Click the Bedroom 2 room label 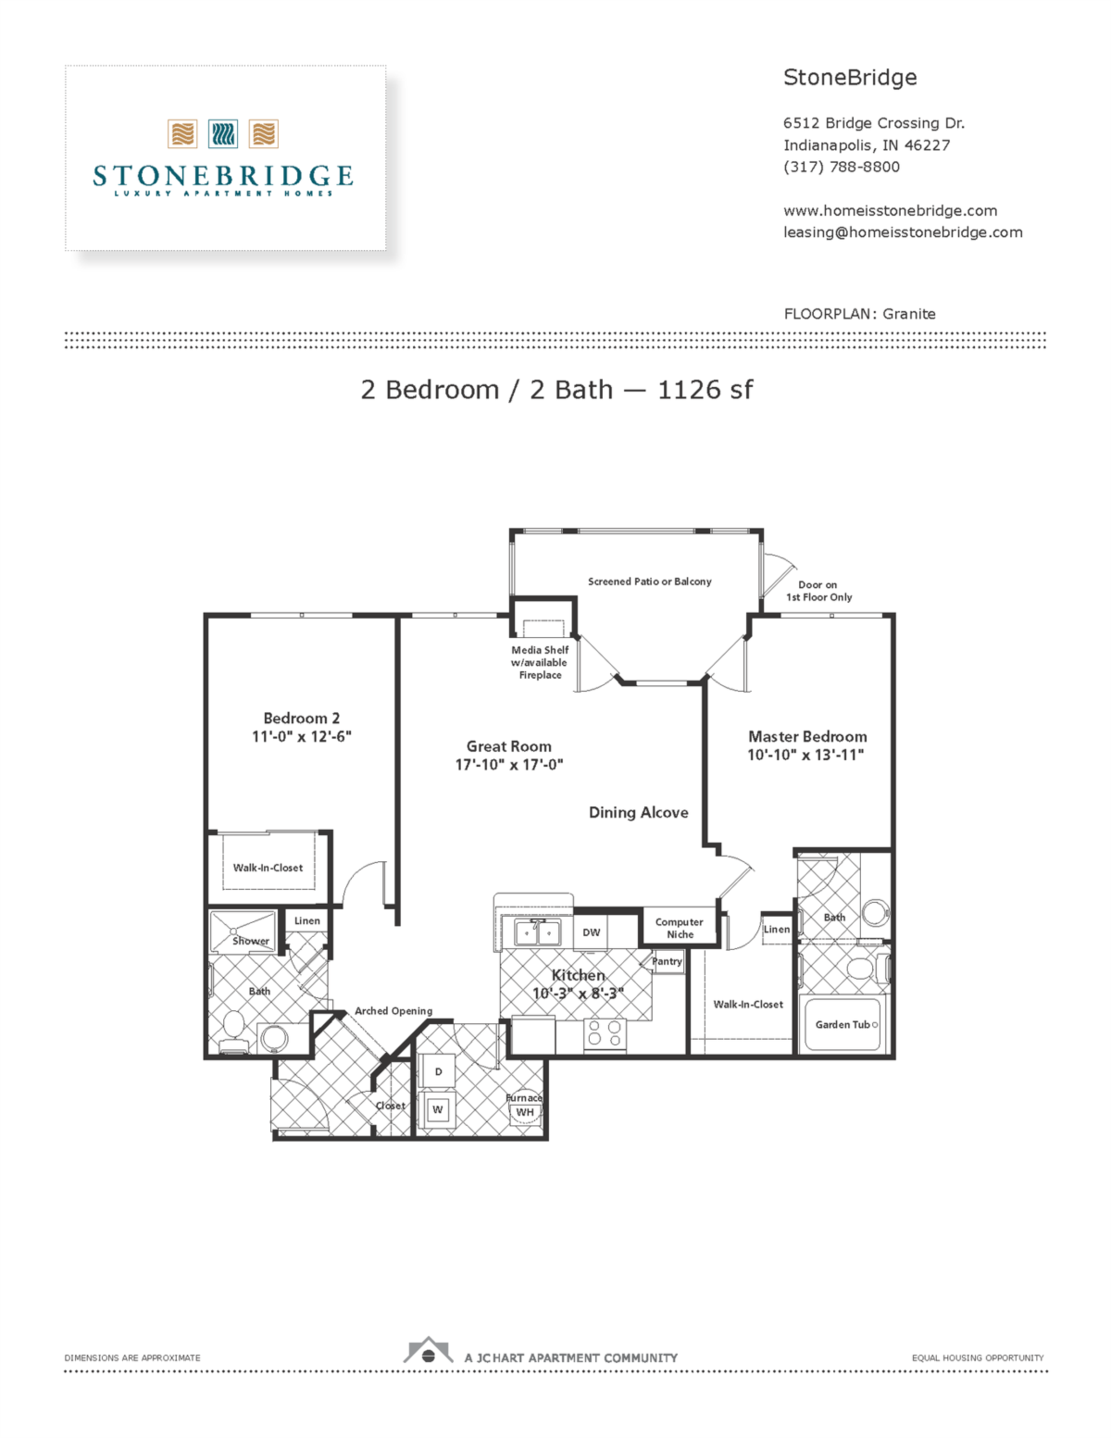(x=301, y=719)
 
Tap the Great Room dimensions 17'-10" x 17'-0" (x=508, y=765)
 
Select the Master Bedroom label (x=807, y=737)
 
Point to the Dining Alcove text (x=638, y=813)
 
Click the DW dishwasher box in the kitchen (x=592, y=932)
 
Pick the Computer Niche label (x=680, y=928)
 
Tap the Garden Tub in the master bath (x=845, y=1025)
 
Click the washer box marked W (x=438, y=1109)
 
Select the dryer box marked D (x=438, y=1071)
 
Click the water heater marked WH (x=525, y=1112)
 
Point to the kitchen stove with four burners (x=605, y=1033)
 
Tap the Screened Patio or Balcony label (x=649, y=581)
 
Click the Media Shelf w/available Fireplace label (x=540, y=663)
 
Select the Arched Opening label (x=393, y=1011)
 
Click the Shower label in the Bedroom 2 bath (x=250, y=941)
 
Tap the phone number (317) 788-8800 (x=841, y=167)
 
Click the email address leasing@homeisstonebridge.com (x=903, y=232)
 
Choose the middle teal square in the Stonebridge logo (x=223, y=134)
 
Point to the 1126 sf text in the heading (x=705, y=390)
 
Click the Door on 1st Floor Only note (x=818, y=591)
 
